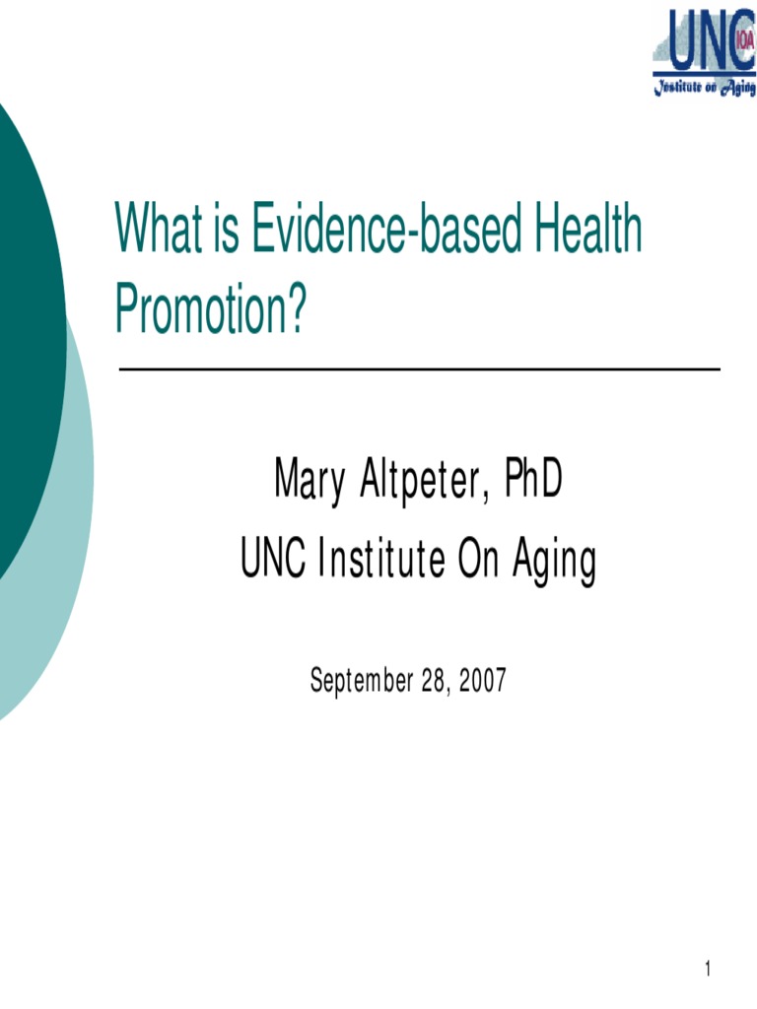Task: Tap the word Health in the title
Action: point(589,230)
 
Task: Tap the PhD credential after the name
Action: point(532,481)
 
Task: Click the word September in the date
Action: point(361,680)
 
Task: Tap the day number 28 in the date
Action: point(433,680)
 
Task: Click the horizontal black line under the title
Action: point(419,370)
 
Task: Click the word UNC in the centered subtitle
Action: point(273,561)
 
